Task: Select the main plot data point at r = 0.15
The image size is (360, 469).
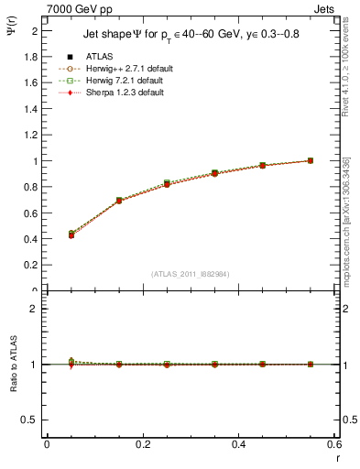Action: point(119,200)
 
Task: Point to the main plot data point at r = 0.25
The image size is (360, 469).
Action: point(167,184)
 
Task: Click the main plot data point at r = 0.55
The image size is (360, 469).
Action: point(311,160)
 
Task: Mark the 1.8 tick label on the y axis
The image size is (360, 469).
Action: point(30,56)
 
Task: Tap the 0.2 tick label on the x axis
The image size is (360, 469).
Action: point(143,444)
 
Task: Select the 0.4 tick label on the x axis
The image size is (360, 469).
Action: point(238,444)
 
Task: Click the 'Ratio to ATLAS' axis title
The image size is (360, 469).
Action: point(13,364)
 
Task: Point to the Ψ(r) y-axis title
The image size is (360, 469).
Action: point(13,30)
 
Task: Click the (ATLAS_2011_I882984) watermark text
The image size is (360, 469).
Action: point(191,274)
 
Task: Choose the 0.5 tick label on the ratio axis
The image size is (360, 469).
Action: point(30,420)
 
